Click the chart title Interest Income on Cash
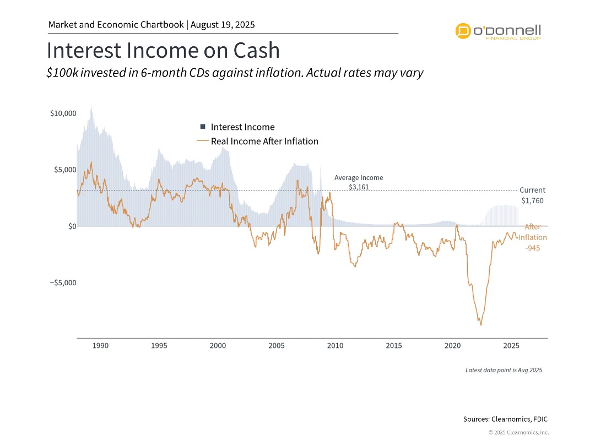163,51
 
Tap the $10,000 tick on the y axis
63,113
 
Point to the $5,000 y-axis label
65,170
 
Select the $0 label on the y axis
72,226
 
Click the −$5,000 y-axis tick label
62,283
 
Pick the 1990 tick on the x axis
100,346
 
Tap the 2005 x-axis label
277,346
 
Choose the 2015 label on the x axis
394,346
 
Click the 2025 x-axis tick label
511,346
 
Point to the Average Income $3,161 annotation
359,182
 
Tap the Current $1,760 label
532,195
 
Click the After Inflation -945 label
533,237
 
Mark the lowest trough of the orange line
480,325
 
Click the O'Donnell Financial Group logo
498,31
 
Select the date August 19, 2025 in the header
223,25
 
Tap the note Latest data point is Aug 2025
504,370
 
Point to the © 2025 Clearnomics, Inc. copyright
518,432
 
